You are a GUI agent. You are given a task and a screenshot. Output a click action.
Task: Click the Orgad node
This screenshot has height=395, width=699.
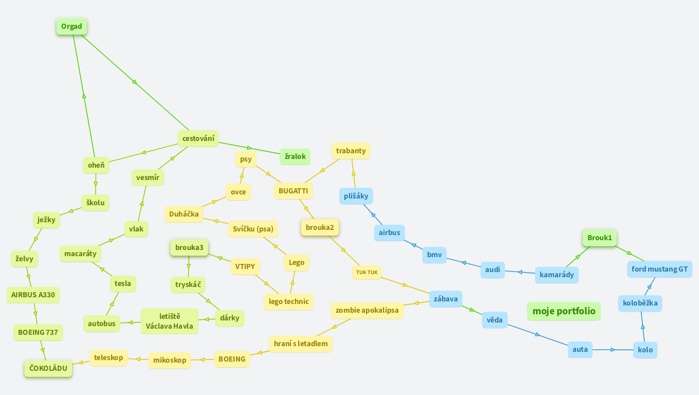click(x=71, y=27)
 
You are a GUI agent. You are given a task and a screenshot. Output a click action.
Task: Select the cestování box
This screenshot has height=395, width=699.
click(x=198, y=138)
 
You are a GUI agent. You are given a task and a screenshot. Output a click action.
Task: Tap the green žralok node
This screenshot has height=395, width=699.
click(x=295, y=156)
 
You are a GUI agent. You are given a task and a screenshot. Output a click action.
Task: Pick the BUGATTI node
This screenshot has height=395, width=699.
click(x=293, y=191)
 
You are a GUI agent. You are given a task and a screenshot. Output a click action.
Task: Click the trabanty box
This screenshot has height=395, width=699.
click(x=351, y=151)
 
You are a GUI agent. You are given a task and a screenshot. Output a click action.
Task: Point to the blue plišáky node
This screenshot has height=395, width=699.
click(x=356, y=196)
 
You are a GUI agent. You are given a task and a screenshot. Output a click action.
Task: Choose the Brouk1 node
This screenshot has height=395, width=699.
click(x=600, y=238)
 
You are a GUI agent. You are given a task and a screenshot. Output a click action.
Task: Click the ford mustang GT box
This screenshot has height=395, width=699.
click(x=659, y=269)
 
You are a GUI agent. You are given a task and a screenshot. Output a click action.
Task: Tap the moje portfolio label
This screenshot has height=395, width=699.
click(x=564, y=311)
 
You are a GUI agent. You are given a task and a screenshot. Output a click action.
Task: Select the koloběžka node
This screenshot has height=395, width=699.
click(x=640, y=303)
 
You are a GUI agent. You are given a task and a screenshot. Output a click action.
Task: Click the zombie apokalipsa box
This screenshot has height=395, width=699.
click(x=367, y=311)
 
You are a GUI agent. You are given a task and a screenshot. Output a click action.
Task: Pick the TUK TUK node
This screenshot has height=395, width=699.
click(x=367, y=272)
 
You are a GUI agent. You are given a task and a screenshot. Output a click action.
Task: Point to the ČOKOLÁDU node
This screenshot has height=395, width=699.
click(x=48, y=368)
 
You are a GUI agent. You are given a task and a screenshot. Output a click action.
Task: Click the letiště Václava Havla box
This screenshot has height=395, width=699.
click(x=169, y=321)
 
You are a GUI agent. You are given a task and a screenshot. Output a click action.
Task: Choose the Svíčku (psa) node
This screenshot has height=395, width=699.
click(x=253, y=229)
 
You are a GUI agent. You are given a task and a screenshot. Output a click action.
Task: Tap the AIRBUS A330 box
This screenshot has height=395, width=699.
click(x=33, y=295)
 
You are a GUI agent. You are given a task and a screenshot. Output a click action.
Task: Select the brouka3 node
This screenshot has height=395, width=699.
click(x=189, y=248)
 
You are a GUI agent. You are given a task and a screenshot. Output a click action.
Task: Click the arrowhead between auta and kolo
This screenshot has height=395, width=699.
click(x=612, y=350)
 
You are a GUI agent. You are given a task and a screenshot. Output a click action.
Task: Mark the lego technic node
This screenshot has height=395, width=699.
click(x=289, y=301)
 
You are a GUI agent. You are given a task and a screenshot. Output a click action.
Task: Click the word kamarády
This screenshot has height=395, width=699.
click(x=557, y=275)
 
